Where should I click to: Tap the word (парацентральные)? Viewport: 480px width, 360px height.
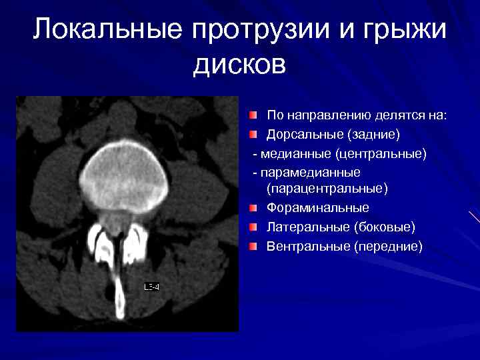click(327, 189)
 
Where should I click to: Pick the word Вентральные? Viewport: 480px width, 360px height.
click(308, 247)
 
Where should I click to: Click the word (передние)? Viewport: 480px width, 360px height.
click(389, 247)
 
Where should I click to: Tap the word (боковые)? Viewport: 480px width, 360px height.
click(385, 227)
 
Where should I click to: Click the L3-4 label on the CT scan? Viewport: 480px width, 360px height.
click(152, 287)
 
